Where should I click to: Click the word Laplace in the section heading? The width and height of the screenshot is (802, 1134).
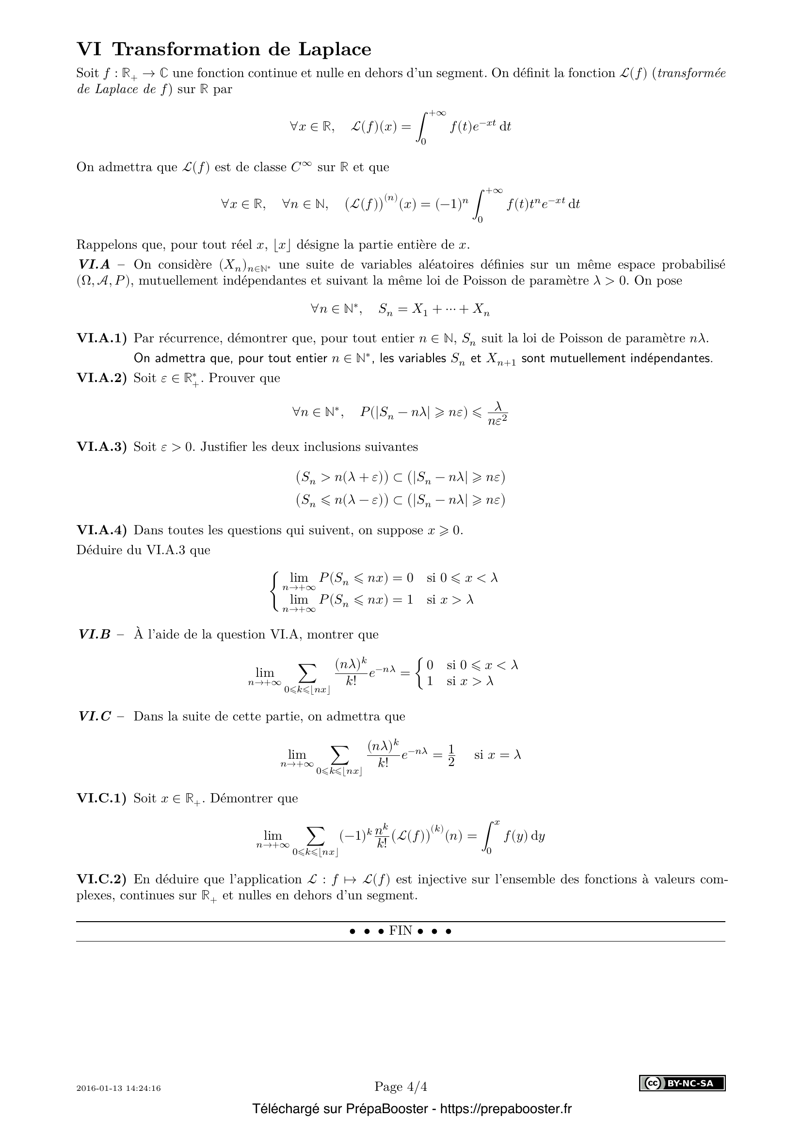pyautogui.click(x=335, y=49)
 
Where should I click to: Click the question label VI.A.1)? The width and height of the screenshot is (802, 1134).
pyautogui.click(x=102, y=338)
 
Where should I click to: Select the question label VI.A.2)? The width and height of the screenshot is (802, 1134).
pyautogui.click(x=102, y=378)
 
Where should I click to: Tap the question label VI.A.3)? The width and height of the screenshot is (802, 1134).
pyautogui.click(x=102, y=447)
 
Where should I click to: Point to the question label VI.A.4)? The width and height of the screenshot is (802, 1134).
pyautogui.click(x=102, y=530)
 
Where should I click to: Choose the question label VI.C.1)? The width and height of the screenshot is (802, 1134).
pyautogui.click(x=102, y=798)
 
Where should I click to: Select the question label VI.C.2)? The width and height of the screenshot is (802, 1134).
pyautogui.click(x=102, y=879)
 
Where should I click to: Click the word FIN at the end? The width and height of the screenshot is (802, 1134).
pyautogui.click(x=401, y=930)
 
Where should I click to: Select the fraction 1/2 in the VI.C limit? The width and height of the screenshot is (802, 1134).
pyautogui.click(x=451, y=755)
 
